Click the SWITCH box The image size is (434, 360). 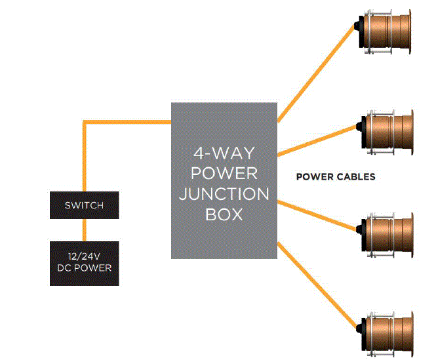pos(85,205)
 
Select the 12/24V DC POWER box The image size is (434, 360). pos(85,264)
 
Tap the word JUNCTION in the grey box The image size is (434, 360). pos(224,194)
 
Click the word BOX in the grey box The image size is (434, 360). pos(224,214)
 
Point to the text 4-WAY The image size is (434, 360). pos(224,153)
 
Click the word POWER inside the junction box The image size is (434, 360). pos(224,173)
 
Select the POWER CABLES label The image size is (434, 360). pos(336,176)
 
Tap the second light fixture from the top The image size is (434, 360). pos(386,132)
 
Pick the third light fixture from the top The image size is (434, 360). pos(386,235)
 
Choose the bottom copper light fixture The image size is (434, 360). pos(386,334)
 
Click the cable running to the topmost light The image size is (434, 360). pos(316,73)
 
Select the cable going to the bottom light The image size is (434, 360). pos(317,285)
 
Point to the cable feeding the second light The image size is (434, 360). pos(317,141)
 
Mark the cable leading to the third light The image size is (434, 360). pos(317,216)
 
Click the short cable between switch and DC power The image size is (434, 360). pos(85,230)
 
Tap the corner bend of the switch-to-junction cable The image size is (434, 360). pos(85,122)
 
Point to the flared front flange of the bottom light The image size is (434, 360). pos(412,334)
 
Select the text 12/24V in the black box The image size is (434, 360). pos(84,256)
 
